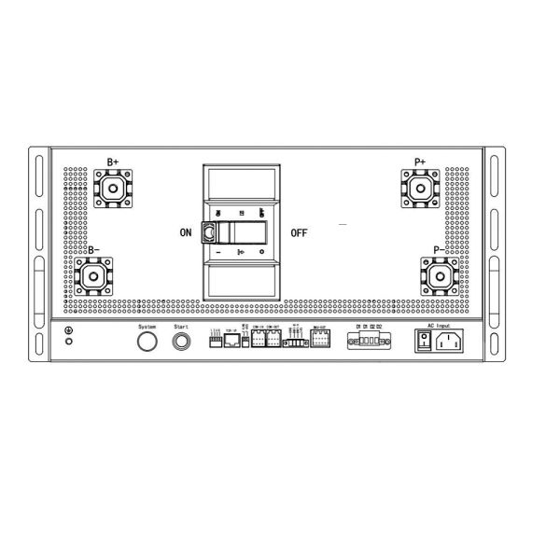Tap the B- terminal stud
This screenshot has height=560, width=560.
tap(94, 277)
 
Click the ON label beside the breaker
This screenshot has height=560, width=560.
tap(186, 233)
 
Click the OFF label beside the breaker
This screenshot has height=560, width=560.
tap(299, 233)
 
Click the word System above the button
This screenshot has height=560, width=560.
tap(146, 327)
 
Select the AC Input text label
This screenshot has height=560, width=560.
tap(438, 326)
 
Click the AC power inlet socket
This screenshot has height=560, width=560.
tap(451, 342)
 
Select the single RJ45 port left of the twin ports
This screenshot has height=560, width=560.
tap(231, 341)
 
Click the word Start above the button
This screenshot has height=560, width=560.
tap(181, 327)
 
